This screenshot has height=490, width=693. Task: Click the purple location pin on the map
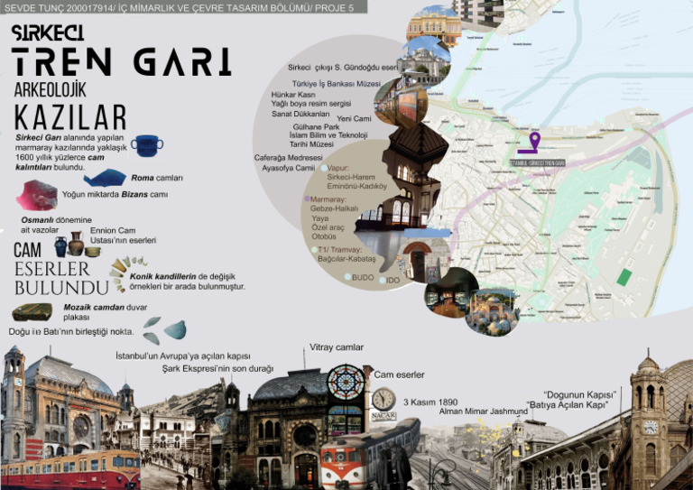[534, 141]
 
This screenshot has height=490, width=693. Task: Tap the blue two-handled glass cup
[146, 144]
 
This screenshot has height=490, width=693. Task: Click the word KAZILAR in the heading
[69, 117]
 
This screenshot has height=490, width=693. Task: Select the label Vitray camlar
[337, 347]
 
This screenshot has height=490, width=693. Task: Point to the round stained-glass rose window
[345, 382]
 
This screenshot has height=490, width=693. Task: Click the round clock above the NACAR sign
[383, 398]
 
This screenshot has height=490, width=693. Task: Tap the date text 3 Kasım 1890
[430, 402]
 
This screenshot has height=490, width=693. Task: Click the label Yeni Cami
[354, 118]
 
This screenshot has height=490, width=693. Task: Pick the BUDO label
[363, 277]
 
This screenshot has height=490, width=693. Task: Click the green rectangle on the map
[624, 277]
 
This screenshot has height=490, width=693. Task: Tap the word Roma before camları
[143, 178]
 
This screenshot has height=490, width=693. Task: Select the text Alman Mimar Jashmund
[484, 411]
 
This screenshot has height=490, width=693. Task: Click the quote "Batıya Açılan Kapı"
[567, 405]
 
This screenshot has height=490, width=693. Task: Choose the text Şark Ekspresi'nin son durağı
[217, 368]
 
